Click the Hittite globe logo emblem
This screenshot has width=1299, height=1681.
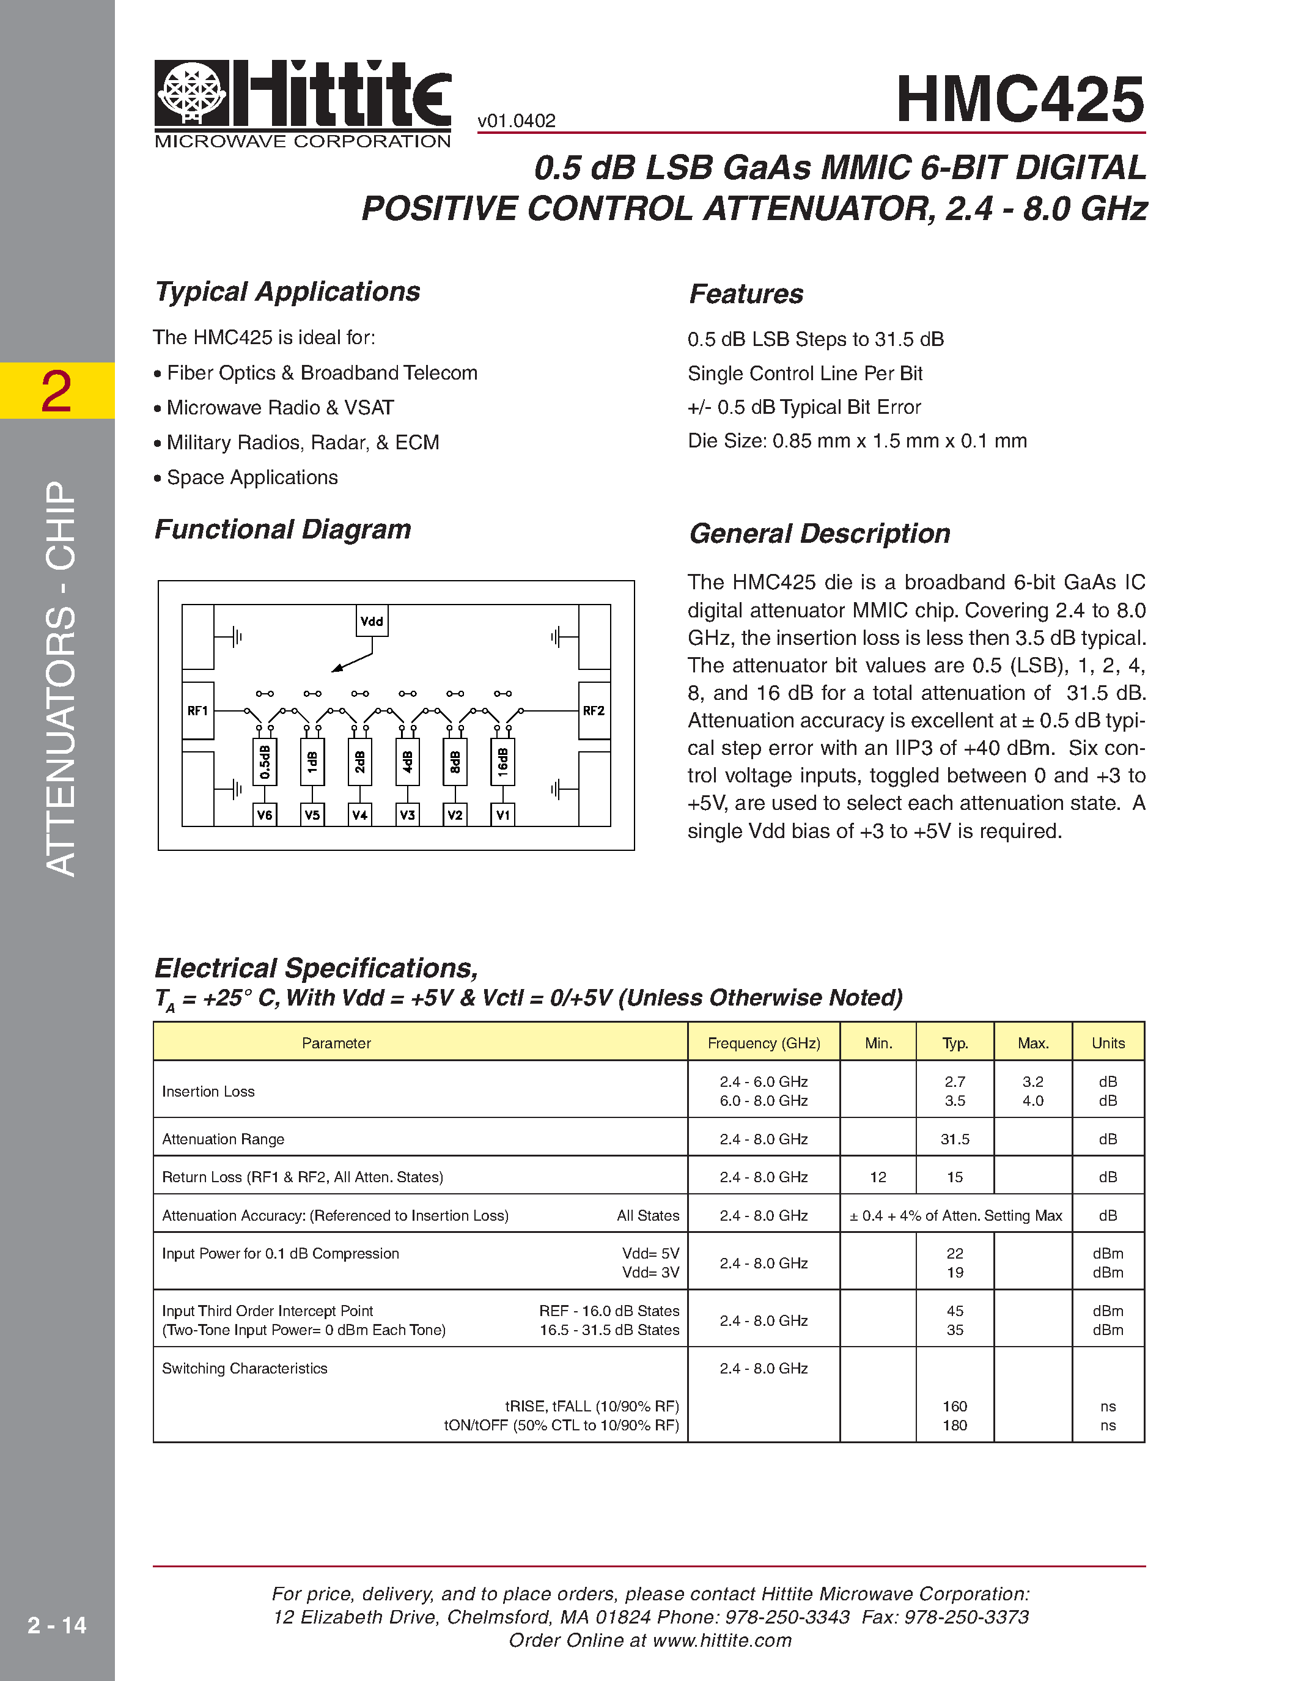point(191,93)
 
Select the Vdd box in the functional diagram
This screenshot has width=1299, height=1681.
point(372,621)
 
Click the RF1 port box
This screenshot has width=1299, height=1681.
point(198,710)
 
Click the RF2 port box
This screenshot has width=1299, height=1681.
point(594,710)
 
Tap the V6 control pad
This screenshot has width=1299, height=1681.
point(265,814)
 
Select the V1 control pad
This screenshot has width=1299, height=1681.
point(502,814)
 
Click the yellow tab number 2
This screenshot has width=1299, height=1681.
point(56,391)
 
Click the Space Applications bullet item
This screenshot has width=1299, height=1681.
point(252,478)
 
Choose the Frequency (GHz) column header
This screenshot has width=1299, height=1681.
point(764,1043)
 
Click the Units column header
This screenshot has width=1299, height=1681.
point(1108,1043)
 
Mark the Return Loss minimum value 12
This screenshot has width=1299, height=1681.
point(878,1177)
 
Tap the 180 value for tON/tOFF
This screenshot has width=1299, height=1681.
point(954,1425)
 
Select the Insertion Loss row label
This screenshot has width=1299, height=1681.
point(208,1091)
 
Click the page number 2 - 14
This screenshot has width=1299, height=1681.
point(57,1625)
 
